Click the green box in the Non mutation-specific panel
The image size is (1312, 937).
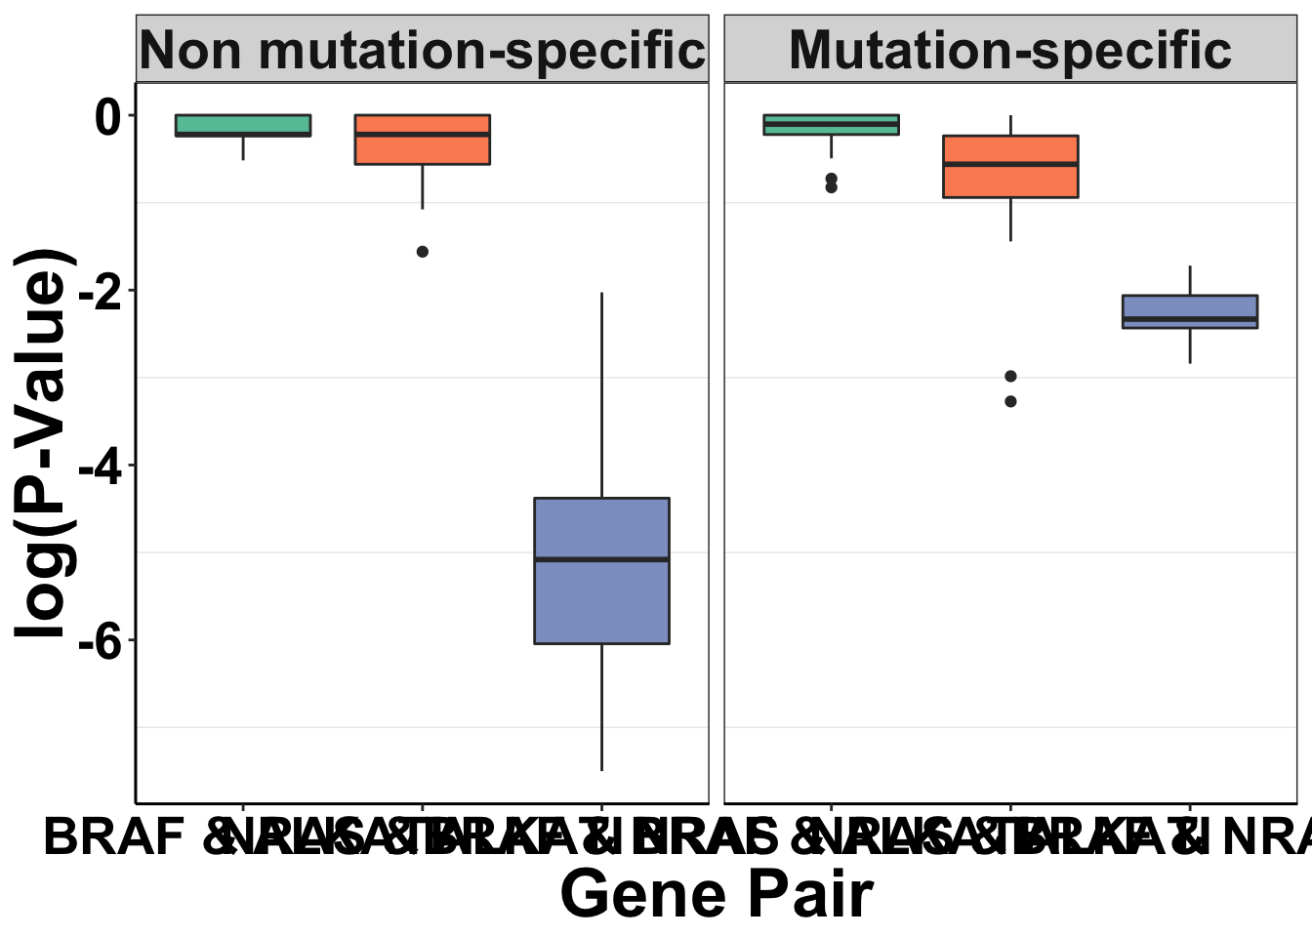243,124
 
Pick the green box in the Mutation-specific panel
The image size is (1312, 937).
831,128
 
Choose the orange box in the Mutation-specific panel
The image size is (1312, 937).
1010,182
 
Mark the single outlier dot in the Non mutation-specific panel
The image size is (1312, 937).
423,252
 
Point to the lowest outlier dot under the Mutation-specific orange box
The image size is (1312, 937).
1010,401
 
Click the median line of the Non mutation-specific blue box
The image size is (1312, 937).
601,559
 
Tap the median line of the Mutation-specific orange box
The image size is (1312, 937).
1010,165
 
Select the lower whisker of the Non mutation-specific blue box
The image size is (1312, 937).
601,708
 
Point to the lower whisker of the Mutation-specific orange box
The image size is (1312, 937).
1010,220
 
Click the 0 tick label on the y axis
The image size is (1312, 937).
107,117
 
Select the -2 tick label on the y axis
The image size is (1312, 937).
101,292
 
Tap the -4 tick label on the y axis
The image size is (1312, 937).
101,467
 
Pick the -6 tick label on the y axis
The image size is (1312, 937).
101,641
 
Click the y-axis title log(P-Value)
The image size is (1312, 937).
44,444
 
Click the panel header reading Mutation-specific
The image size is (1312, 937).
1010,50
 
